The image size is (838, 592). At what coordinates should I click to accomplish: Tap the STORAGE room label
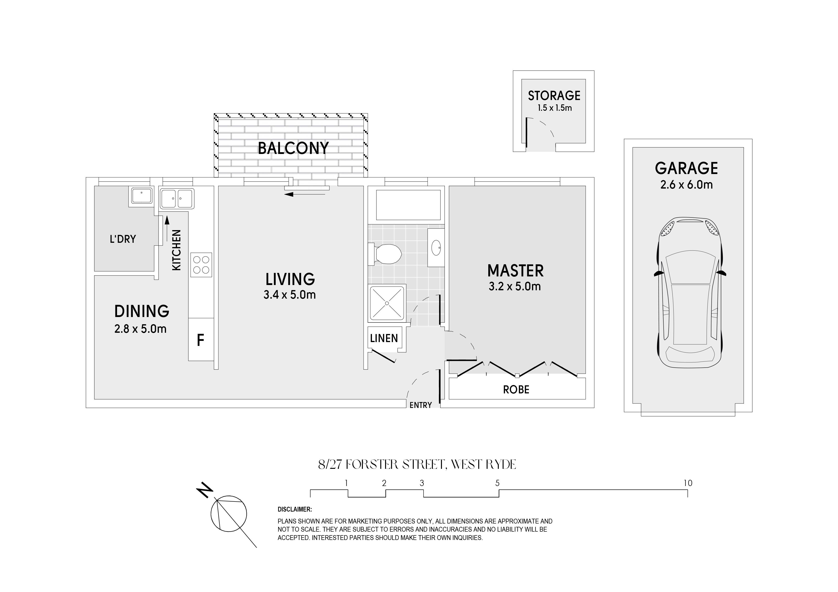(554, 95)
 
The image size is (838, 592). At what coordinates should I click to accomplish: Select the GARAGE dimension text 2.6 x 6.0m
(686, 185)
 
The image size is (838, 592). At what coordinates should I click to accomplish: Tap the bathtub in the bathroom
(408, 205)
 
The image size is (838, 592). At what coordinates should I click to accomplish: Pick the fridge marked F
(201, 340)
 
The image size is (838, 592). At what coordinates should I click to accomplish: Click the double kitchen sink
(177, 198)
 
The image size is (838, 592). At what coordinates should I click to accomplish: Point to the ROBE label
(516, 390)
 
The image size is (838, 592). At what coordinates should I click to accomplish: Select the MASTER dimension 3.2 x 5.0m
(515, 286)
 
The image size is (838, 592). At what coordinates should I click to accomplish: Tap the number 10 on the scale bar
(688, 483)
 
